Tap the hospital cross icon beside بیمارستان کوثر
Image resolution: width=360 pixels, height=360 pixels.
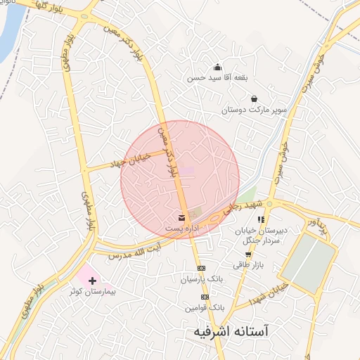click(92, 280)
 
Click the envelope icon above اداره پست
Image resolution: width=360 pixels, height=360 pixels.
click(182, 217)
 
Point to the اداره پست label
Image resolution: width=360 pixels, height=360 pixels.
click(182, 229)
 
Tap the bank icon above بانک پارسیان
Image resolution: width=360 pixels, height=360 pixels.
click(202, 269)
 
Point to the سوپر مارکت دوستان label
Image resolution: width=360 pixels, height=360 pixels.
click(252, 110)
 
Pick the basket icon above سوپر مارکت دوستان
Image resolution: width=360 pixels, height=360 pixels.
click(253, 99)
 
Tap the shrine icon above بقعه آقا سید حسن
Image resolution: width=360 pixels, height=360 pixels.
click(217, 67)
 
